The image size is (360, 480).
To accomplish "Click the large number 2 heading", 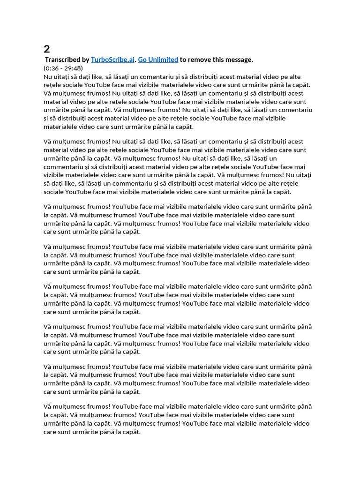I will (x=47, y=49).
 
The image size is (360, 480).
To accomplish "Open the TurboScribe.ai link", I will (x=112, y=60).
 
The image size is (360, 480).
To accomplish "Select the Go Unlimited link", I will (x=158, y=60).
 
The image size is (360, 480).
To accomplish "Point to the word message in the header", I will (x=240, y=60).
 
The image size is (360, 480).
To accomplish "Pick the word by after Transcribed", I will (x=85, y=60).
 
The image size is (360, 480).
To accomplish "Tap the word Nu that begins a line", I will (x=48, y=76).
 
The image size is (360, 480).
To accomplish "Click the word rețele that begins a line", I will (x=52, y=85).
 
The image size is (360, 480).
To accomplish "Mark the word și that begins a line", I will (x=46, y=118).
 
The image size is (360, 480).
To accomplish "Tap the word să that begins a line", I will (x=47, y=183).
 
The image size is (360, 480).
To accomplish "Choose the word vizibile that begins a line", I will (x=55, y=175).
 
